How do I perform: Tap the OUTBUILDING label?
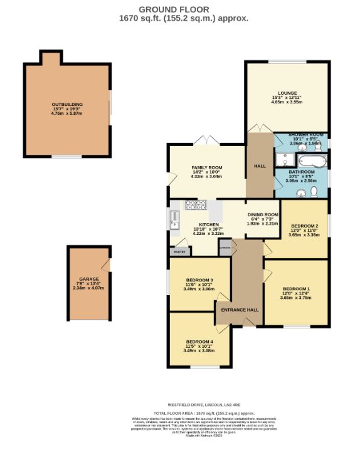tap(67, 105)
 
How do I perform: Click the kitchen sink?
tap(174, 220)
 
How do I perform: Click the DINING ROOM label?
tap(262, 214)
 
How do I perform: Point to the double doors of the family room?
tap(200, 140)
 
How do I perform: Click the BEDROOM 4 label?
tap(199, 342)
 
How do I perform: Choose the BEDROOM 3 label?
tap(199, 280)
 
